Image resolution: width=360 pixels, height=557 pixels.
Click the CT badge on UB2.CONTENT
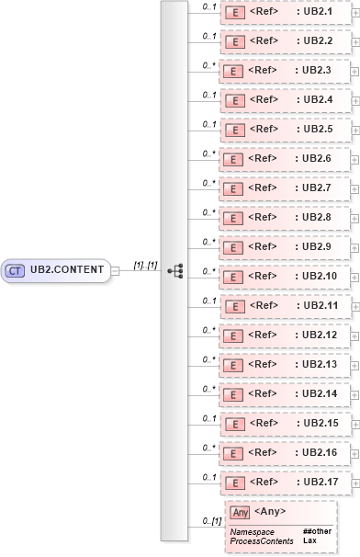pyautogui.click(x=16, y=270)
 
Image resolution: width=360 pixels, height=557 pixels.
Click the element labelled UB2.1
pyautogui.click(x=284, y=12)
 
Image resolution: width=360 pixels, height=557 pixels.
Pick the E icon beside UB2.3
pyautogui.click(x=234, y=71)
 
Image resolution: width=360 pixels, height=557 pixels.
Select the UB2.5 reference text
pyautogui.click(x=317, y=129)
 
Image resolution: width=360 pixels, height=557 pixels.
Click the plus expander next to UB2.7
pyautogui.click(x=355, y=189)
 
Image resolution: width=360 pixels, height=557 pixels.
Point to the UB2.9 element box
pyautogui.click(x=284, y=246)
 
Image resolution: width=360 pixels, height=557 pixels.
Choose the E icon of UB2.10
pyautogui.click(x=234, y=277)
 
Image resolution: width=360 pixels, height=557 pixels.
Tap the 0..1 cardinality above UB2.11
pyautogui.click(x=208, y=301)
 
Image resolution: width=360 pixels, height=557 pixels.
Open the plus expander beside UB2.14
pyautogui.click(x=355, y=395)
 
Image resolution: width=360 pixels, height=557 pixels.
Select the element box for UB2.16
pyautogui.click(x=284, y=452)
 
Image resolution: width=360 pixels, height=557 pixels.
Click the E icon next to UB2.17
pyautogui.click(x=234, y=483)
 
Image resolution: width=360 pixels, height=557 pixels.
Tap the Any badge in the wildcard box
pyautogui.click(x=240, y=512)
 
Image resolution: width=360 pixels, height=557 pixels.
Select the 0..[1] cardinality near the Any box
pyautogui.click(x=212, y=521)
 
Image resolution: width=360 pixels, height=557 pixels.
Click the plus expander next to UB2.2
pyautogui.click(x=355, y=42)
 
